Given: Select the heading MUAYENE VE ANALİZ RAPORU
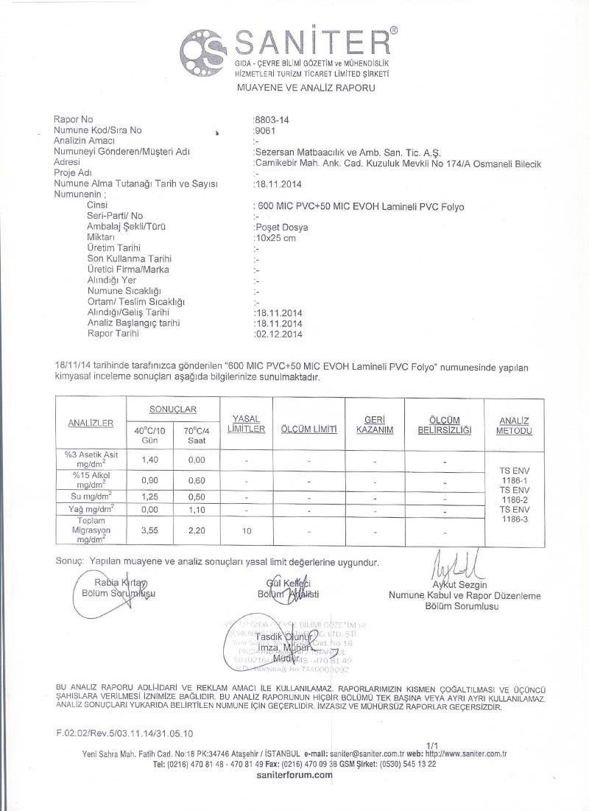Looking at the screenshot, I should point(306,88).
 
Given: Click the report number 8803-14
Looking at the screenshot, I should point(269,119).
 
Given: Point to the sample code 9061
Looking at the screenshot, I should point(264,130).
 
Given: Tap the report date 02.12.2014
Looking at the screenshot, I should point(279,333).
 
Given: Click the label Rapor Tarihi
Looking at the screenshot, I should point(113,333).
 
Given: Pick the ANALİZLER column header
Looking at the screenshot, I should point(91,424).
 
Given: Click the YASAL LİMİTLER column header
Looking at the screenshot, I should point(246,424).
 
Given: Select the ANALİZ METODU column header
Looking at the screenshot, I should point(514,425).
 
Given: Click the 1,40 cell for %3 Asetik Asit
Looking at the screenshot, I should point(150,459).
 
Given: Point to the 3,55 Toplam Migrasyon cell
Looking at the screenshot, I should point(150,529).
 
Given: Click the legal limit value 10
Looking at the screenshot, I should point(247,529).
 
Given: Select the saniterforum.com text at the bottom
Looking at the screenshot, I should point(294,776).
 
